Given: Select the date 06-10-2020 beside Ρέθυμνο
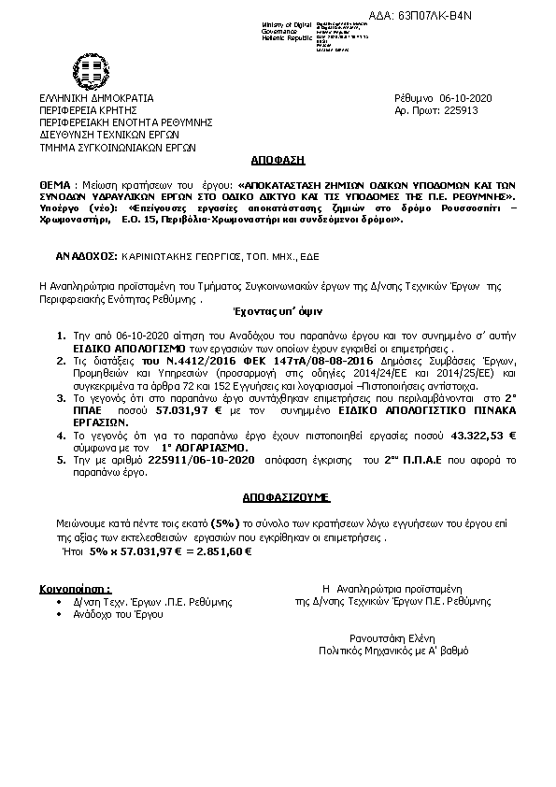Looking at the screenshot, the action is click(471, 98).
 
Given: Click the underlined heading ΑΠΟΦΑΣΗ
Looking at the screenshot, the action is click(278, 160).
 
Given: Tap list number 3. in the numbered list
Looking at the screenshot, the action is click(61, 397).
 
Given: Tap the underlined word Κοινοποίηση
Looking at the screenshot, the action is click(74, 591).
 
